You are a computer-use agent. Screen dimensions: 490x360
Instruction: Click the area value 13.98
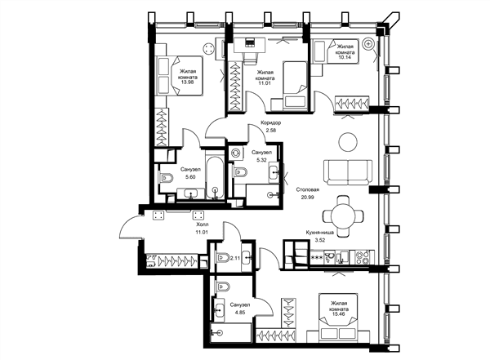(x=187, y=82)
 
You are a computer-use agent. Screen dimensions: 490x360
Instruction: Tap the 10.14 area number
(x=344, y=57)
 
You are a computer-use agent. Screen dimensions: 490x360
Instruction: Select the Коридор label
(x=270, y=122)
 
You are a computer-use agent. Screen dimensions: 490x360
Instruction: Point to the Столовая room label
(x=308, y=189)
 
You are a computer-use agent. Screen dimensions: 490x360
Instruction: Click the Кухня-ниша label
(x=319, y=233)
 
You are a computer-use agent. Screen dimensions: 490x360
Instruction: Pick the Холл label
(x=202, y=224)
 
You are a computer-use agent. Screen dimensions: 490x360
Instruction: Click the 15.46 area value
(x=339, y=314)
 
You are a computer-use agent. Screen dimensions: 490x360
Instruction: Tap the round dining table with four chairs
(x=343, y=216)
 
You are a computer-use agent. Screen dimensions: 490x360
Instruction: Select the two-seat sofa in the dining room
(x=348, y=173)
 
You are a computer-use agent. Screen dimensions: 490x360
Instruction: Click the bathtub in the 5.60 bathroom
(x=215, y=177)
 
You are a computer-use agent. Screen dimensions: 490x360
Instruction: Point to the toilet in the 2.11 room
(x=223, y=258)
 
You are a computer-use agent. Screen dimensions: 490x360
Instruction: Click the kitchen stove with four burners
(x=363, y=258)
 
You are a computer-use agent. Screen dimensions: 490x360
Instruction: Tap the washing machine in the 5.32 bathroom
(x=236, y=153)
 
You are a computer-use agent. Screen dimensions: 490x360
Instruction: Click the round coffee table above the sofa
(x=348, y=142)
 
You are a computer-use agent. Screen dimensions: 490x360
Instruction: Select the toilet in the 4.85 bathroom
(x=222, y=287)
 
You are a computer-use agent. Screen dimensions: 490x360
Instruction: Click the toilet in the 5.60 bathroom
(x=167, y=178)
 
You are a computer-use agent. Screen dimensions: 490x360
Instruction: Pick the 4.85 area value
(x=239, y=312)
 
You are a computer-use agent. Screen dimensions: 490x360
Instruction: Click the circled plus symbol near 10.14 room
(x=368, y=44)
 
